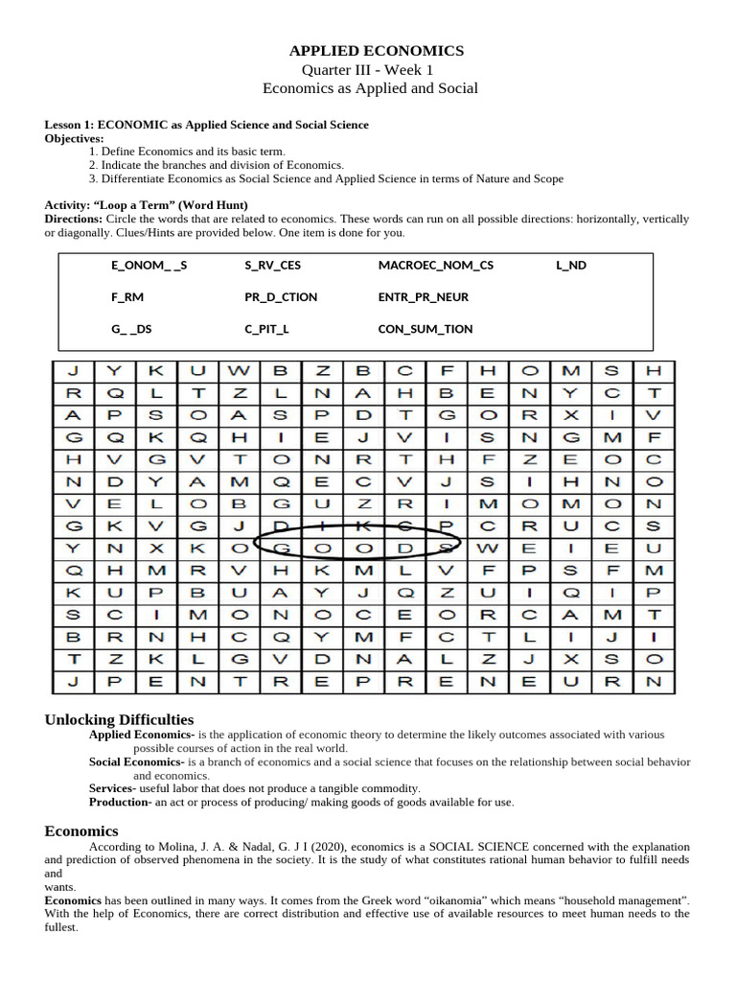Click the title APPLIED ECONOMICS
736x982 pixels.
(377, 51)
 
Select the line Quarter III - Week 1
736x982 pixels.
(368, 70)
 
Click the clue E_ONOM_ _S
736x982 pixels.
(149, 266)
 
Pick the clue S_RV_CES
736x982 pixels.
(272, 266)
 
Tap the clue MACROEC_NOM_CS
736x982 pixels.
(436, 266)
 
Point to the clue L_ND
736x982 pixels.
(570, 266)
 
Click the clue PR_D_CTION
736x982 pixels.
(281, 297)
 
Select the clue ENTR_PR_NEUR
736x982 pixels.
(424, 297)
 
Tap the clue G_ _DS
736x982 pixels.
(131, 329)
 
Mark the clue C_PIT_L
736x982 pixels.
(266, 329)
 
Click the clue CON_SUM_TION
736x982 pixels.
(425, 329)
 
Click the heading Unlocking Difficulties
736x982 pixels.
(120, 719)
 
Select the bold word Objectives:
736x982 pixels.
(75, 138)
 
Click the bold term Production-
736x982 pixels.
(121, 802)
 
